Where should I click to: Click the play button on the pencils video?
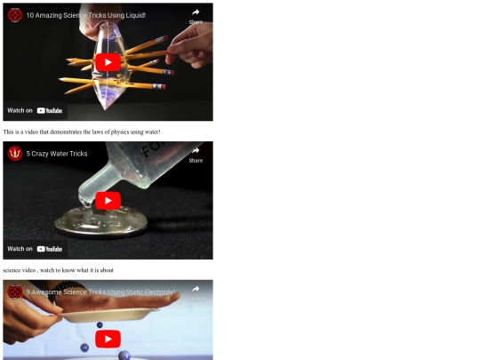108,62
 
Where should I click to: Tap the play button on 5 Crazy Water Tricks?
108,201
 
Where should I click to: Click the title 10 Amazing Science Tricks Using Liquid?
85,15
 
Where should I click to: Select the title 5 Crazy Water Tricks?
57,154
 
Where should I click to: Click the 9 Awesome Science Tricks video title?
100,292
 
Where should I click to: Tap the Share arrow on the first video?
196,12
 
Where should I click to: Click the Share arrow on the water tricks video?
196,150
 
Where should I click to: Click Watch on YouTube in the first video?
35,110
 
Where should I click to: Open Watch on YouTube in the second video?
35,249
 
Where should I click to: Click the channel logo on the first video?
15,15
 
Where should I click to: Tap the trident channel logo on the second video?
15,154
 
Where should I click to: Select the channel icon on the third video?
15,292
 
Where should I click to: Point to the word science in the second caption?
12,270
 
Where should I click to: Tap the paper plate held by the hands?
108,316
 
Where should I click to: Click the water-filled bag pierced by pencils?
108,66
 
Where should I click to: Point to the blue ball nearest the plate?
100,325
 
